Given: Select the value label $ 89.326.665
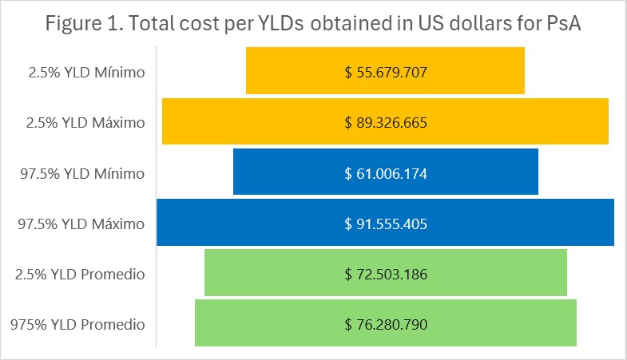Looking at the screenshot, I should pyautogui.click(x=386, y=123).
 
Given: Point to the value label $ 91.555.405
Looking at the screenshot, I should pyautogui.click(x=386, y=224).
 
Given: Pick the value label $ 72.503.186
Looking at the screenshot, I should pyautogui.click(x=386, y=275).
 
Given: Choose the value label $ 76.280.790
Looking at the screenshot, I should pyautogui.click(x=386, y=325).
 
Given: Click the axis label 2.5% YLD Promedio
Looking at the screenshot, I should pyautogui.click(x=80, y=275).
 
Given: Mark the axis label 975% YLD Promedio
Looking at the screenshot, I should pyautogui.click(x=77, y=325).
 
